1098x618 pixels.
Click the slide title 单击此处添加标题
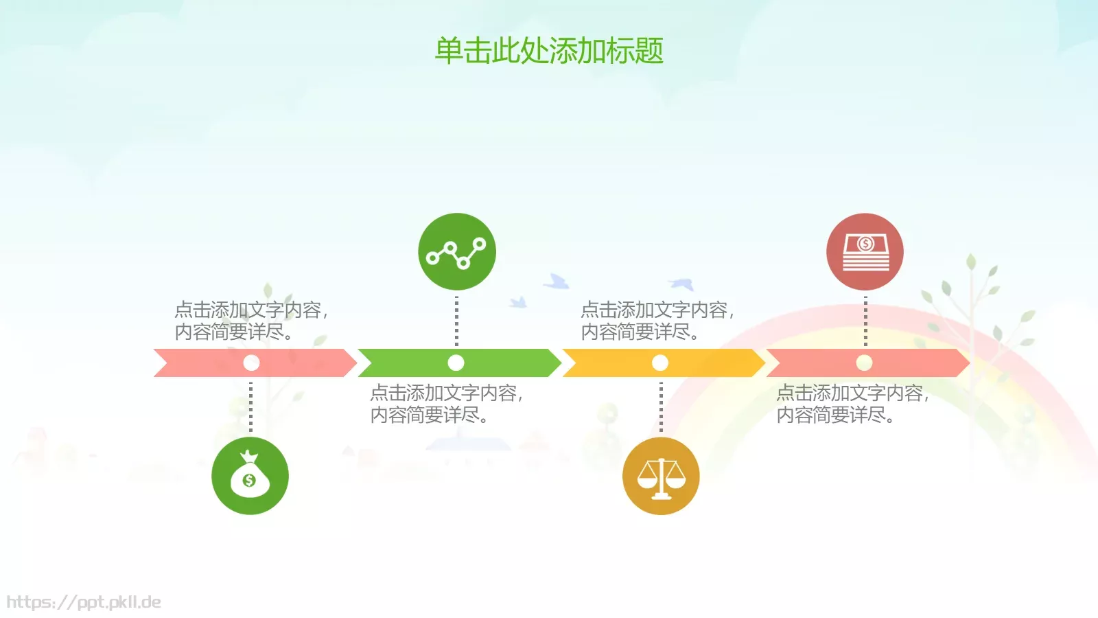[x=549, y=51]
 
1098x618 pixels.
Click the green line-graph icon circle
[x=457, y=251]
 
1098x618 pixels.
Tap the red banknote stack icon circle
[x=865, y=251]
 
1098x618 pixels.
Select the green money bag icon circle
[x=250, y=476]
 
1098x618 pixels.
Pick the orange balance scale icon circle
[x=661, y=476]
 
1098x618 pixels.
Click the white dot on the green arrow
[x=456, y=363]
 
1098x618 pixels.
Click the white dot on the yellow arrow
[x=660, y=363]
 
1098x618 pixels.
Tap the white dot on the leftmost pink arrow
[x=251, y=363]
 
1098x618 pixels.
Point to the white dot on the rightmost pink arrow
[x=864, y=363]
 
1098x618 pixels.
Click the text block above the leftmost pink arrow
[x=251, y=321]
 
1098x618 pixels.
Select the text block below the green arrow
[x=447, y=404]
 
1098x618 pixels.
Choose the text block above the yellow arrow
[x=657, y=321]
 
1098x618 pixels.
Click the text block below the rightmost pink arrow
[x=852, y=404]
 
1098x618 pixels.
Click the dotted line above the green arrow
[x=456, y=320]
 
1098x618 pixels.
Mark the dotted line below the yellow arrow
[x=661, y=407]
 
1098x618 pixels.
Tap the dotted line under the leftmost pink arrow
[x=250, y=407]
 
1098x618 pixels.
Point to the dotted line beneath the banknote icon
[x=865, y=320]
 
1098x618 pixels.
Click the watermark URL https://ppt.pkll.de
[x=84, y=602]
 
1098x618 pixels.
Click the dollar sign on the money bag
[x=249, y=480]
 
